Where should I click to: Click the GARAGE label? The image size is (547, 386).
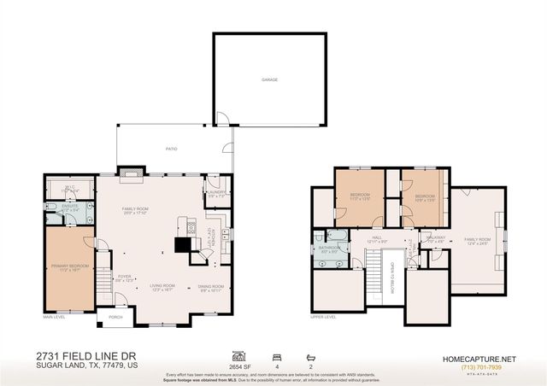pyautogui.click(x=269, y=80)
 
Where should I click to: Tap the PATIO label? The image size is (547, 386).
pyautogui.click(x=171, y=148)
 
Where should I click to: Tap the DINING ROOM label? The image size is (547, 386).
pyautogui.click(x=211, y=286)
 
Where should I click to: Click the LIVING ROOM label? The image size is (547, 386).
pyautogui.click(x=162, y=286)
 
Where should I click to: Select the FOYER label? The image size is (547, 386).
pyautogui.click(x=124, y=277)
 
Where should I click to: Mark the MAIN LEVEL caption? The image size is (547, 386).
pyautogui.click(x=55, y=316)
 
